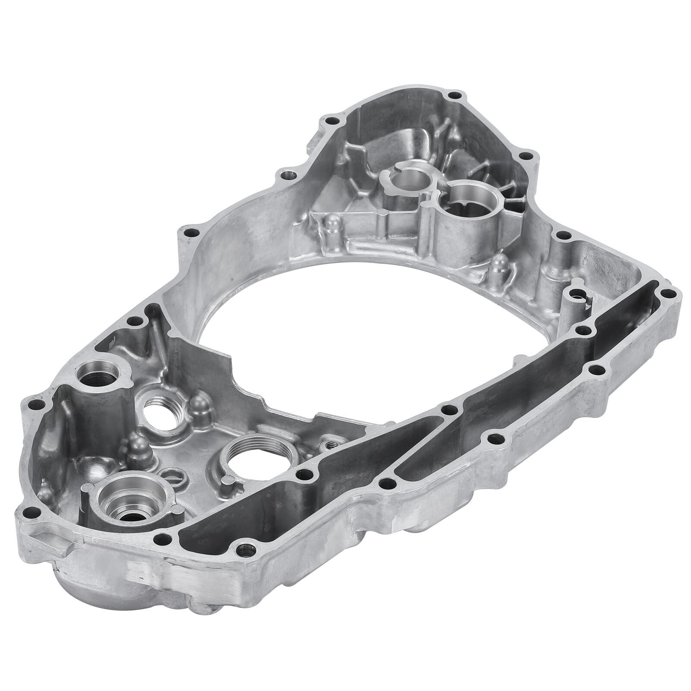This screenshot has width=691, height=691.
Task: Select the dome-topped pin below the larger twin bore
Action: [500, 261]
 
